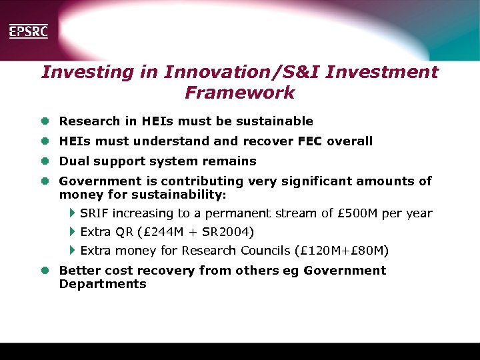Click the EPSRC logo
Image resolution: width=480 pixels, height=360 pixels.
28,31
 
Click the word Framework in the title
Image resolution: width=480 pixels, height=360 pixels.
239,93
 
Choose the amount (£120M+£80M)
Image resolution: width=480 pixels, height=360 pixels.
341,251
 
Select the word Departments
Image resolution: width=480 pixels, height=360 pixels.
103,284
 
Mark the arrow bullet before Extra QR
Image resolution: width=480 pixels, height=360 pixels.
72,232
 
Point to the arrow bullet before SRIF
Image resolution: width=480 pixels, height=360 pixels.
72,213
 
